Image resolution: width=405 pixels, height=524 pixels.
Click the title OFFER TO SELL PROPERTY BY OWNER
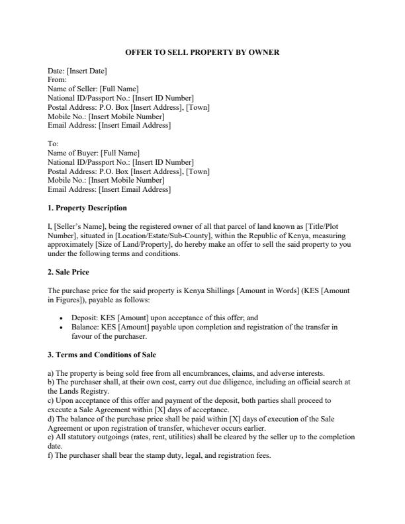[x=202, y=52]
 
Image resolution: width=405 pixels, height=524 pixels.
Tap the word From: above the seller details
[x=58, y=79]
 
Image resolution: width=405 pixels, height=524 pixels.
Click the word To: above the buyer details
[x=54, y=144]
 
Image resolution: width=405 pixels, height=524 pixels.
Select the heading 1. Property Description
[x=87, y=208]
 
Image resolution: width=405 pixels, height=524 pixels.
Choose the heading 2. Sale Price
[x=69, y=272]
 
